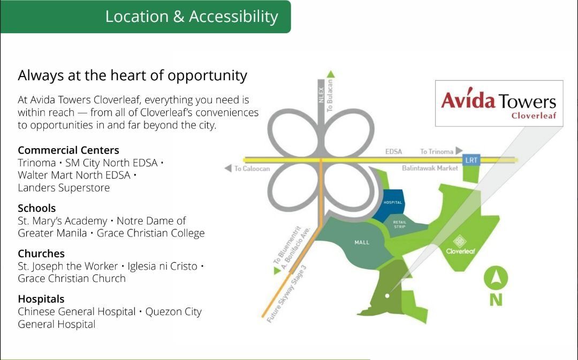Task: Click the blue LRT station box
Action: coord(471,160)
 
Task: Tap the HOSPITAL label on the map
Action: coord(393,202)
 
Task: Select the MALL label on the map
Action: coord(362,242)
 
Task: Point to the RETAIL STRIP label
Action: coord(400,224)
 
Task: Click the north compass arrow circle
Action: coord(496,278)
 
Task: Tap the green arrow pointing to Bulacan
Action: coord(331,74)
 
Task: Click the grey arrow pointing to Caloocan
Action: coord(228,168)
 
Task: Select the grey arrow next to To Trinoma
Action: coord(459,150)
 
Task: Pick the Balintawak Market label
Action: coord(430,168)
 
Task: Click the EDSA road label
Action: coord(393,151)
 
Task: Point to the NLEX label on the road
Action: coord(321,95)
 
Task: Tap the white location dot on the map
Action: coord(387,295)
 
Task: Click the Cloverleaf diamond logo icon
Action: coord(460,241)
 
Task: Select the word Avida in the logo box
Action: coord(468,99)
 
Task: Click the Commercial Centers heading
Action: coord(68,150)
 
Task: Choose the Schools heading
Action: coord(36,208)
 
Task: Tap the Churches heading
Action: coord(41,253)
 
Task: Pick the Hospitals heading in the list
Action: coord(41,299)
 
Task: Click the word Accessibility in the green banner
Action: coord(234,17)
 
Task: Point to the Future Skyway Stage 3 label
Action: coord(286,294)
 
